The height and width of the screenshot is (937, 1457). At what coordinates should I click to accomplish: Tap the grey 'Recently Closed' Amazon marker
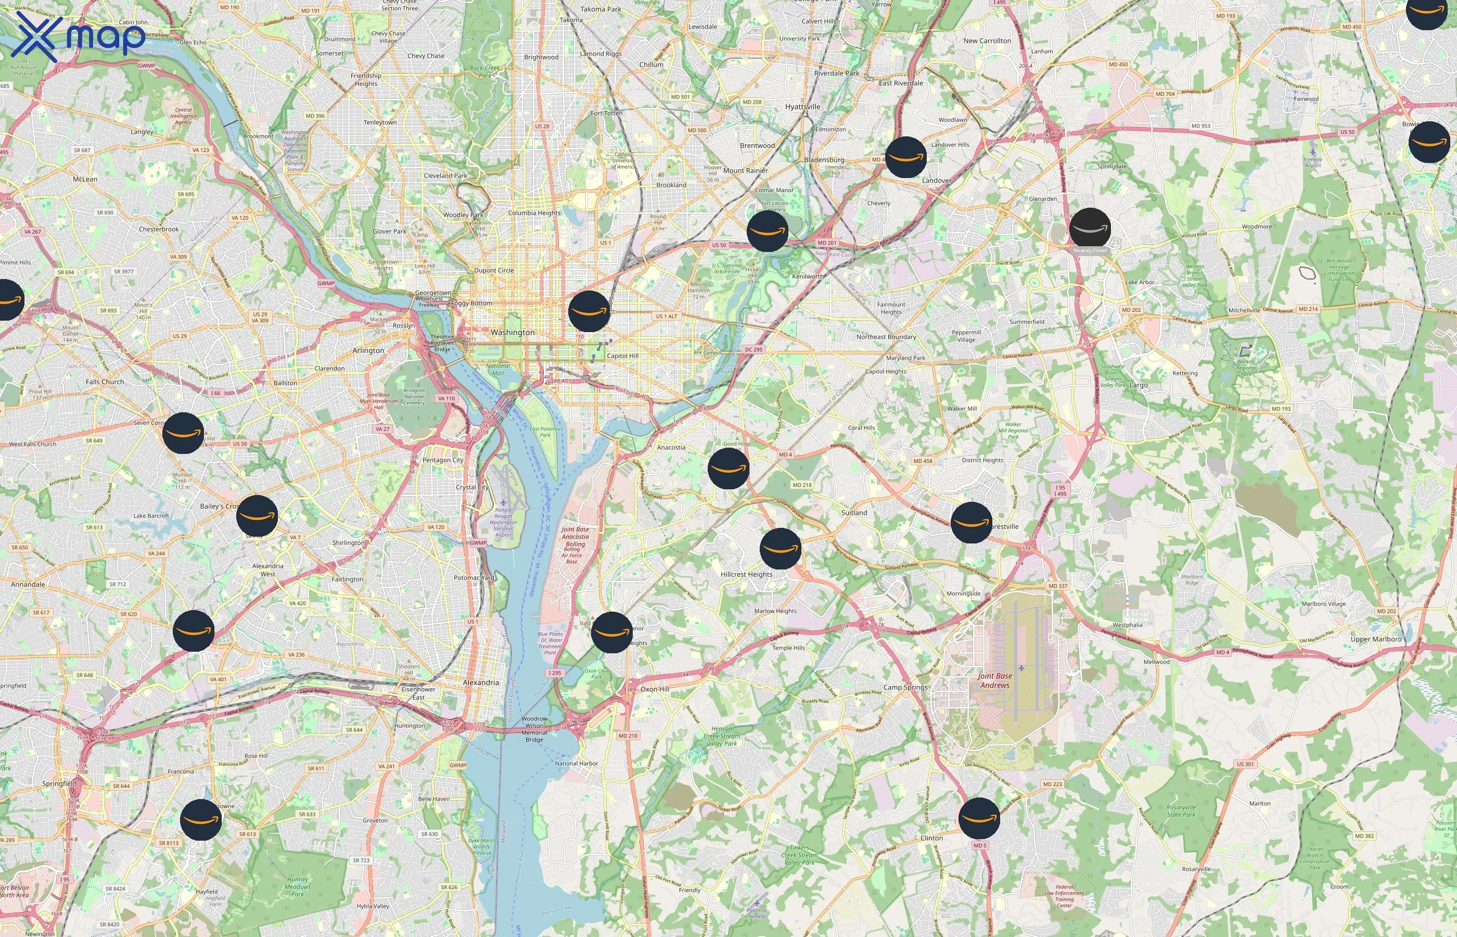[1090, 229]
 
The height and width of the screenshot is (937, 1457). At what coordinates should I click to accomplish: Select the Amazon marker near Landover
[905, 157]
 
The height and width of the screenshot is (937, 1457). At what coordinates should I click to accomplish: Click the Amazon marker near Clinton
[979, 818]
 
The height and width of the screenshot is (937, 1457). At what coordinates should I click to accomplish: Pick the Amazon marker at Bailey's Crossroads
[257, 516]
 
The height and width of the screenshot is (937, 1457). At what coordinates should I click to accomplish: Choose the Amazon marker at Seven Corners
[183, 433]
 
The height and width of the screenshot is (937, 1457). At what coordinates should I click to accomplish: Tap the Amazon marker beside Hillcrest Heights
[780, 548]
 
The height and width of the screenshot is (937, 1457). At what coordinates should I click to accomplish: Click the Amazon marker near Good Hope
[728, 468]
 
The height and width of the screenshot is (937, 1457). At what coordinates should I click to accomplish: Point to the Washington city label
[513, 332]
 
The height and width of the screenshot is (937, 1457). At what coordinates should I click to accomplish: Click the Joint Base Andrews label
[995, 680]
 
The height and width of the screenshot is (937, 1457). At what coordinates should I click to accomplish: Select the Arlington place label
[368, 350]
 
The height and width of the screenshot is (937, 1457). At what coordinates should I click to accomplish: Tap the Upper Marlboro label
[1375, 639]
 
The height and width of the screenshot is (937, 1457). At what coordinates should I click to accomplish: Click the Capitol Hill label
[623, 356]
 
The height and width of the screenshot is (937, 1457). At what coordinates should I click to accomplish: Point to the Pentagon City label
[443, 460]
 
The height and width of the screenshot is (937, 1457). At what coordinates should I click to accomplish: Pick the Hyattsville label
[803, 107]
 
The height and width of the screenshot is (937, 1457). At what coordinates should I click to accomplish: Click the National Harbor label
[576, 763]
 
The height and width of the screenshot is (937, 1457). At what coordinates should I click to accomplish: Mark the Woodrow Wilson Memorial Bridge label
[534, 729]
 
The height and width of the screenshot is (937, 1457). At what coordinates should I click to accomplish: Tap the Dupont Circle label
[494, 270]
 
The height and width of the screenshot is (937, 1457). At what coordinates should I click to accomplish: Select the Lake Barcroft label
[151, 515]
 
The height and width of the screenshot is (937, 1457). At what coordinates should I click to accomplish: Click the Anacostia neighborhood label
[671, 447]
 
